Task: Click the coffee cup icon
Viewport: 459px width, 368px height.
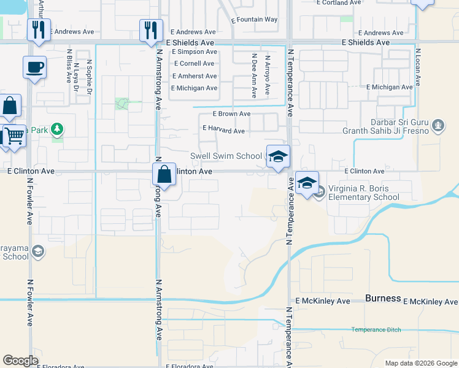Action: [34, 67]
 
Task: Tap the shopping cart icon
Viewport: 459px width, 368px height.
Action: [15, 136]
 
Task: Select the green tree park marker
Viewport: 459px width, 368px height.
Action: [57, 129]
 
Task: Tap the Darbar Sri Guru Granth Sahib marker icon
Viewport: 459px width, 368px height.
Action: [438, 126]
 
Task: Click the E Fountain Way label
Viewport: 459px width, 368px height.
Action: [255, 20]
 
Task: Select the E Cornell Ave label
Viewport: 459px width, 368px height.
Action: [194, 64]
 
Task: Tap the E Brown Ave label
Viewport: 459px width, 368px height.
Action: [231, 114]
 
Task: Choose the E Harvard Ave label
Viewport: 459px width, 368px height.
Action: [223, 131]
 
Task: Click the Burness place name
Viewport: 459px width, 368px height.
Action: [383, 299]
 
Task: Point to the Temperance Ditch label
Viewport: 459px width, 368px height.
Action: [376, 330]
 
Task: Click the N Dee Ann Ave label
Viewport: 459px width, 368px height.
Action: [254, 75]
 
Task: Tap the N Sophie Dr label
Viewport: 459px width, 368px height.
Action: [90, 78]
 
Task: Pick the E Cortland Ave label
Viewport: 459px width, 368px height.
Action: [338, 2]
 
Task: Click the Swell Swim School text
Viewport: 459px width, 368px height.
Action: [226, 156]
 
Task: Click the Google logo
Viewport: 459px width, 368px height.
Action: [21, 361]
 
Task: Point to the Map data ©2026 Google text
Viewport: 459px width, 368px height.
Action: [421, 363]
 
